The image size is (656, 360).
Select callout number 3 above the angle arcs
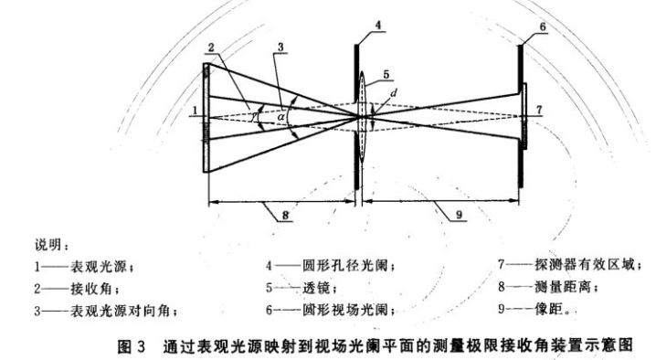pyautogui.click(x=283, y=48)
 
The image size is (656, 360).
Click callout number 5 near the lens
pyautogui.click(x=386, y=73)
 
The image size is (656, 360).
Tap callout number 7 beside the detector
pyautogui.click(x=540, y=110)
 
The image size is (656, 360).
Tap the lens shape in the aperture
pyautogui.click(x=365, y=116)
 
